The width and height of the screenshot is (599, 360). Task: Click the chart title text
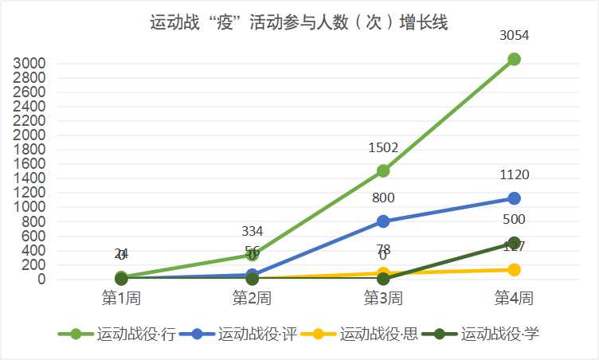pos(299,22)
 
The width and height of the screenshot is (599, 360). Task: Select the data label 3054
pos(514,35)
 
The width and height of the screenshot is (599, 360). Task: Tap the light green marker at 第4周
pos(514,59)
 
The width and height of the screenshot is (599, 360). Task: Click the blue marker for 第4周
pos(514,198)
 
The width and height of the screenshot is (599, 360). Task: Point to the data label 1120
pos(514,175)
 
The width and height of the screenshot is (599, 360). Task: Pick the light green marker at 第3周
pos(383,170)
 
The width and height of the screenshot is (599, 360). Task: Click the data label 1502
pos(383,147)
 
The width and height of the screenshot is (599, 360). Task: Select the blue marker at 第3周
pos(383,221)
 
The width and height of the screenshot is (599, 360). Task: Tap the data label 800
pos(383,198)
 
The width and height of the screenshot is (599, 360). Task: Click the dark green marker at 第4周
pos(514,243)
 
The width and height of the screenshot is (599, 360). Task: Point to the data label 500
pos(514,220)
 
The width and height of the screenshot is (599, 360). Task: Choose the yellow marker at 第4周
pos(514,270)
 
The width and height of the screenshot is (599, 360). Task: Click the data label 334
pos(253,231)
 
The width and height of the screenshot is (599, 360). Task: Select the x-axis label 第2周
pos(253,299)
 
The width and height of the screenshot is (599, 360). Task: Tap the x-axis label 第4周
pos(514,299)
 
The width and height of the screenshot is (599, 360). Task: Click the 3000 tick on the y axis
pos(29,64)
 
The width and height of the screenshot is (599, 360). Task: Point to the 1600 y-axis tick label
pos(29,164)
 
